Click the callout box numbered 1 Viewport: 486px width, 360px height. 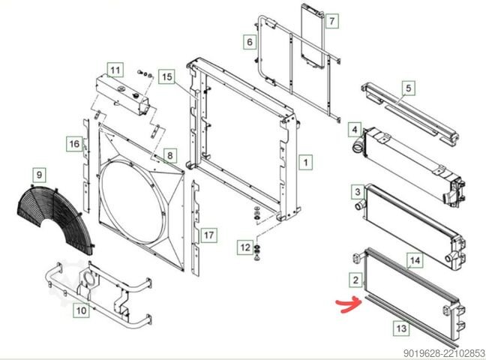tap(305, 162)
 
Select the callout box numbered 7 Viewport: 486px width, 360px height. tap(332, 21)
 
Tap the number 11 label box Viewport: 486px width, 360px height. tap(115, 70)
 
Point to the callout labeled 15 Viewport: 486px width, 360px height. tap(166, 76)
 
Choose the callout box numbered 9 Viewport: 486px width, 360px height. tap(39, 175)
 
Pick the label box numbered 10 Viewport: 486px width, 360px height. tap(81, 310)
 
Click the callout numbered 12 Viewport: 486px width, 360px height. tap(245, 247)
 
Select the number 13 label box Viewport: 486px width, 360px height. tap(401, 328)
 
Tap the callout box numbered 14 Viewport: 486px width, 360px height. tap(415, 260)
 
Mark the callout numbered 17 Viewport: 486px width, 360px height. tap(209, 235)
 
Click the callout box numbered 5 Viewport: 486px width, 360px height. tap(409, 88)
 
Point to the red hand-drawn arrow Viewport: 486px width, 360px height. tap(349, 305)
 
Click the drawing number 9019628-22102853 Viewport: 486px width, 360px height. tap(444, 353)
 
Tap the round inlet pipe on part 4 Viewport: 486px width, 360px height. tap(357, 145)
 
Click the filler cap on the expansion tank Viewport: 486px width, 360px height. tap(136, 95)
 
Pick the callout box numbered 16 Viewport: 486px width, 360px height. tap(74, 144)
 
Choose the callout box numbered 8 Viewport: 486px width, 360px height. tap(169, 155)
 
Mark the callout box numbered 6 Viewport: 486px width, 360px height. tap(250, 41)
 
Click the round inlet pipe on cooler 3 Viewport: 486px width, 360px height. tap(360, 205)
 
